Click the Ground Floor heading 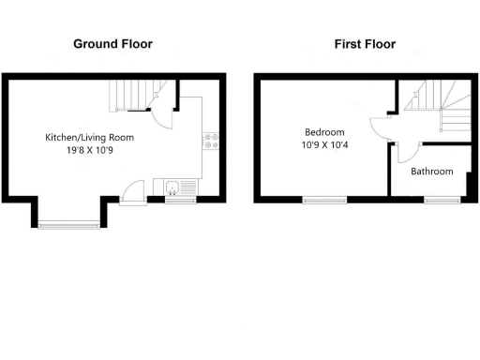click(113, 44)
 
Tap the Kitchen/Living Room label click(90, 138)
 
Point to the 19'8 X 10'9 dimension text click(90, 150)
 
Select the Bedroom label click(323, 132)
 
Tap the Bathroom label click(432, 172)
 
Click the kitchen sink click(174, 187)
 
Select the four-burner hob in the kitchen click(211, 142)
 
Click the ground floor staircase click(131, 95)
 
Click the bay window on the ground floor click(68, 222)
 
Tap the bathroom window click(438, 200)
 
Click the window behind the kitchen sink click(179, 200)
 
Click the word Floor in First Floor click(381, 44)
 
